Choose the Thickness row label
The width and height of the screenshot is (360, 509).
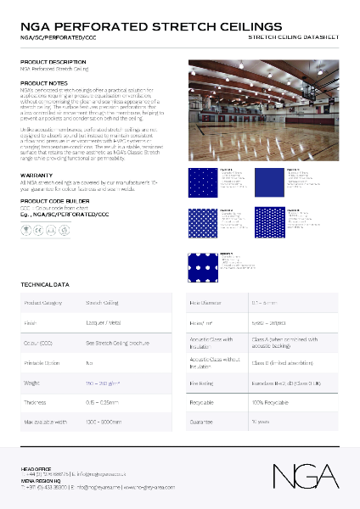click(x=36, y=403)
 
